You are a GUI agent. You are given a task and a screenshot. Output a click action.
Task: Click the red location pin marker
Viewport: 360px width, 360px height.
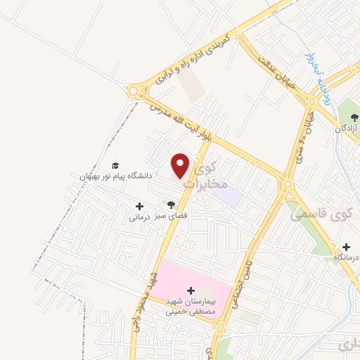pos(181,165)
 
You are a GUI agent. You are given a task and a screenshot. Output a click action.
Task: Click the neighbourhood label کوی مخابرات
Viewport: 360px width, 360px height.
pos(210,176)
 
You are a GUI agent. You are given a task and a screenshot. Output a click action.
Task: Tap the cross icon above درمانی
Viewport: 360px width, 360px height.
pos(139,206)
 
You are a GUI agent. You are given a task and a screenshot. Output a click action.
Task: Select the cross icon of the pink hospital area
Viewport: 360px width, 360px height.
pos(191,289)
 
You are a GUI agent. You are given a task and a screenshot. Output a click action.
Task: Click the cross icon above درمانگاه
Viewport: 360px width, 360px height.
pos(347,247)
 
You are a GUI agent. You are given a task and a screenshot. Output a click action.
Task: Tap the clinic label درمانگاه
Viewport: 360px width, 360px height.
pos(346,258)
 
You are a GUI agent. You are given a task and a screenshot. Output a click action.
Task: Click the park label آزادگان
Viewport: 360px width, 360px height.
pos(347,129)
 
